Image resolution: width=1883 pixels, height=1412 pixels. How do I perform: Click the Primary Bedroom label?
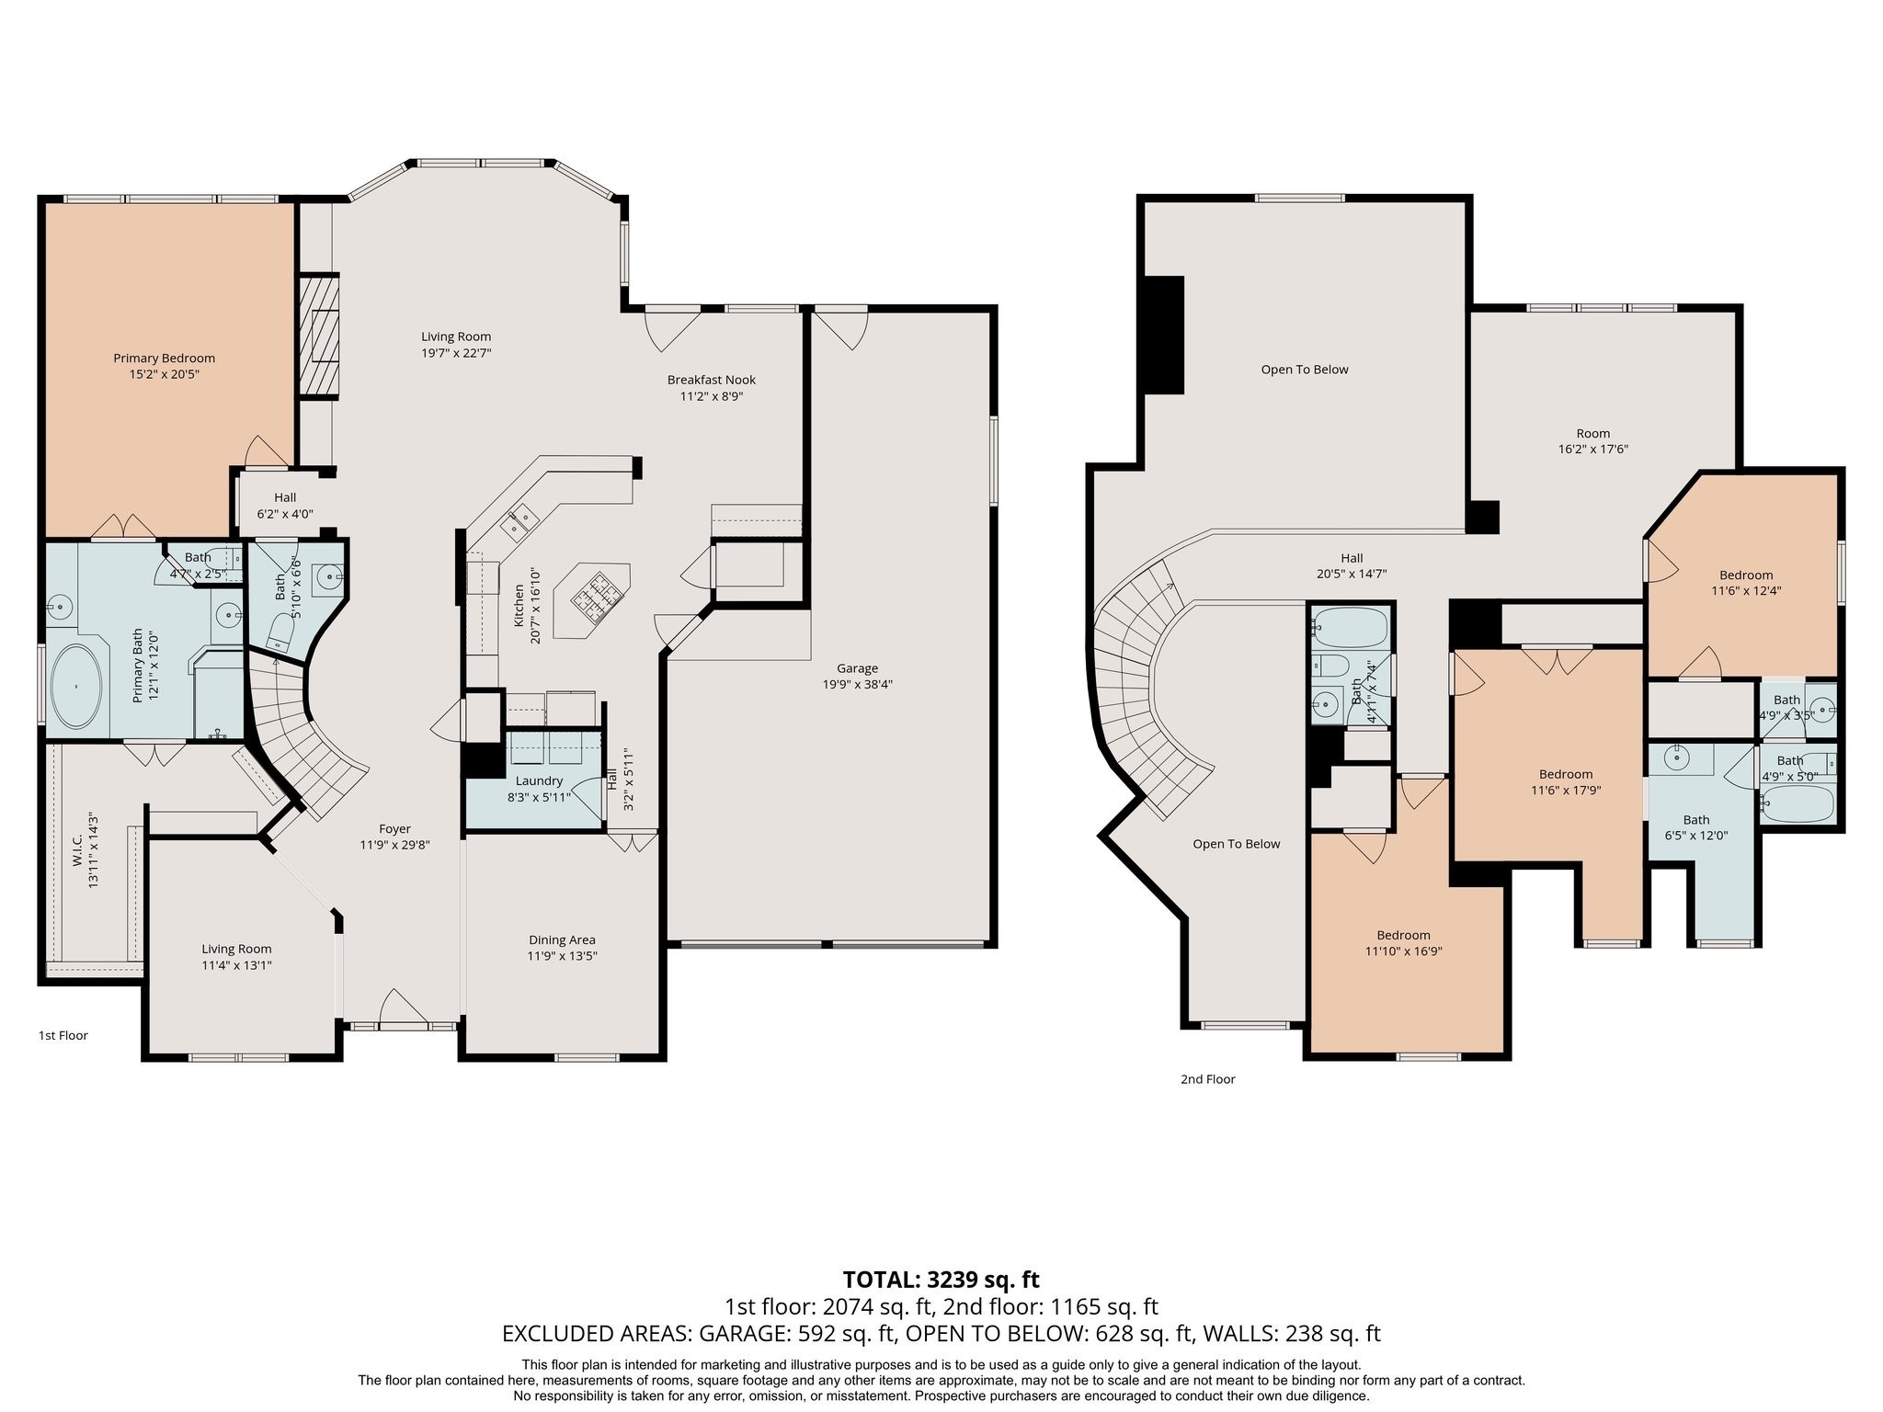[x=164, y=359]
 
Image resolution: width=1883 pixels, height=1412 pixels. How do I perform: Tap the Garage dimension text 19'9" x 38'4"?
[x=857, y=685]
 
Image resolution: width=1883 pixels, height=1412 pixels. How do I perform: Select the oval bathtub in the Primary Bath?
[x=76, y=687]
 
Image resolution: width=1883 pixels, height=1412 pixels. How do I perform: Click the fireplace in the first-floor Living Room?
[x=318, y=336]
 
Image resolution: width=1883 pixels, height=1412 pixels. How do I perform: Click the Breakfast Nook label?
[x=711, y=380]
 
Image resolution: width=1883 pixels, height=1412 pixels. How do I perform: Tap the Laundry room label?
[x=539, y=781]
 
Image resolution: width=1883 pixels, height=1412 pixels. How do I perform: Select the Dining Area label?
[x=562, y=940]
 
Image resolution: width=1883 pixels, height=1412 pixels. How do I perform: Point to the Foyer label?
[x=394, y=829]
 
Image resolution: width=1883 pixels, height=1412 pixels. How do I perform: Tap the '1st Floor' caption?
[x=63, y=1036]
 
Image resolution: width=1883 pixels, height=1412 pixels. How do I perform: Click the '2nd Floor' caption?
[x=1207, y=1079]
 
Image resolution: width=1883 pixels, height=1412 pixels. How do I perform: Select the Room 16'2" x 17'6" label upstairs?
[x=1592, y=434]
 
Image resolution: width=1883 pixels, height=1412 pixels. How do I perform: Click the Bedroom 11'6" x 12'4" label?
[x=1746, y=575]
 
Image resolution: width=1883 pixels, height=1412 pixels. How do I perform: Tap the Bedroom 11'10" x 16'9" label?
[x=1403, y=936]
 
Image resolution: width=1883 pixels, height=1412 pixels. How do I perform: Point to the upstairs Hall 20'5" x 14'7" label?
[x=1351, y=558]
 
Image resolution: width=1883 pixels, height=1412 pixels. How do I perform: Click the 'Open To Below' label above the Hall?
[x=1304, y=370]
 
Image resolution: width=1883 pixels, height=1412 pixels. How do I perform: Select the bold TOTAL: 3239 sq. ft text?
[x=941, y=1280]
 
